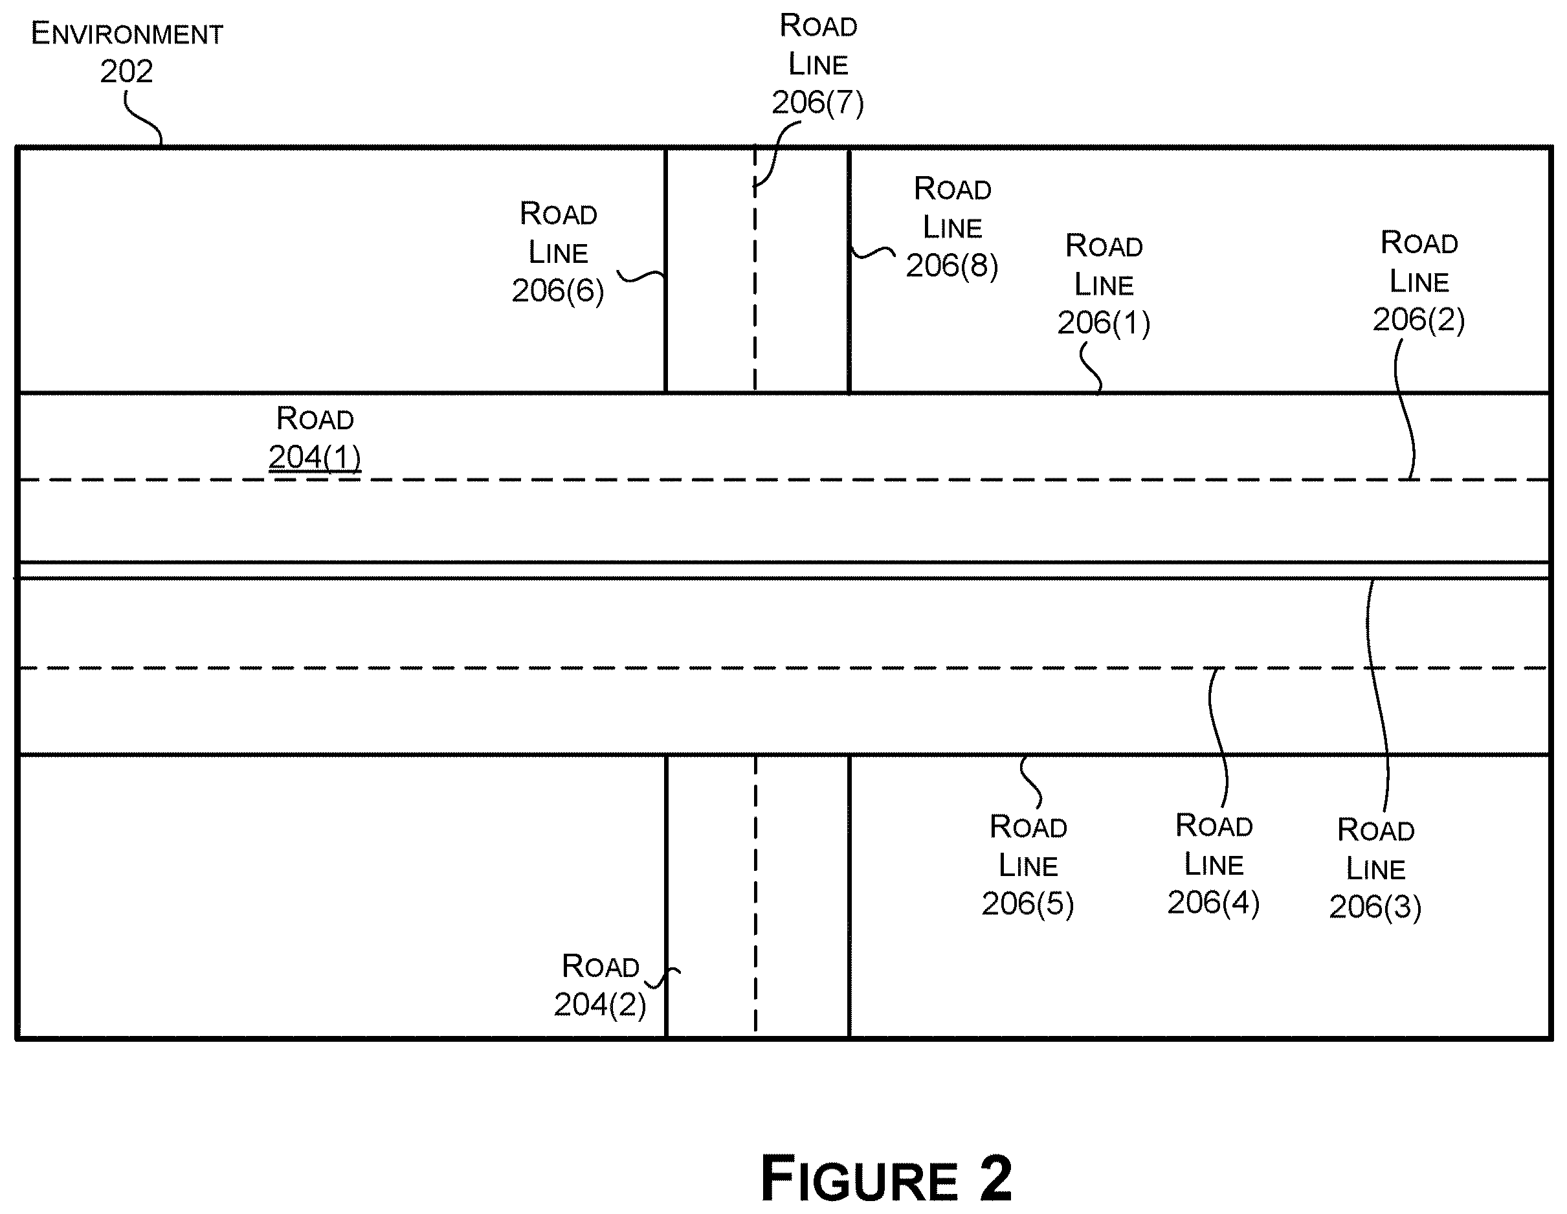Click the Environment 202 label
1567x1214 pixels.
click(x=127, y=52)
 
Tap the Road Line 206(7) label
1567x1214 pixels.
click(x=818, y=65)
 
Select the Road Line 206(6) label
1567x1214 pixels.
click(x=558, y=253)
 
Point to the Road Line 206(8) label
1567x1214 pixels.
click(x=952, y=227)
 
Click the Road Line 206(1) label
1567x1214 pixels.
click(x=1104, y=285)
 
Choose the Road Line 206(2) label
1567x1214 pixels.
click(x=1419, y=282)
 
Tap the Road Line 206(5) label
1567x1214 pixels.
click(x=1027, y=866)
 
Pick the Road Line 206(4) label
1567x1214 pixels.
click(x=1214, y=864)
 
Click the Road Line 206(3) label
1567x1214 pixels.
click(x=1375, y=869)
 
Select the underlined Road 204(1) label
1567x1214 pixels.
click(x=315, y=438)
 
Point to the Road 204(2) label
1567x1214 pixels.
click(x=600, y=985)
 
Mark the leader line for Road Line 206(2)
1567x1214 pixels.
click(x=1405, y=409)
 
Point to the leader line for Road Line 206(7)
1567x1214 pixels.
click(x=775, y=154)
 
